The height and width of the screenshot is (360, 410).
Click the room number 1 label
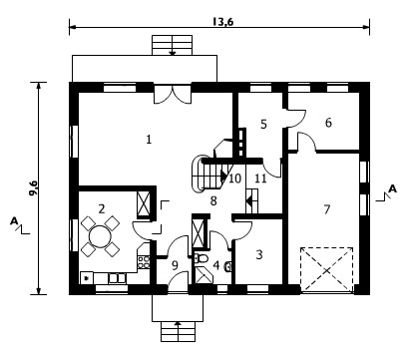tap(149, 139)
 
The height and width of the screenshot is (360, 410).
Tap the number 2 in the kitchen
tap(102, 208)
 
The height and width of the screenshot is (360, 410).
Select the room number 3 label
tap(259, 254)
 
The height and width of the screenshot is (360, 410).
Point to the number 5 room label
tap(263, 124)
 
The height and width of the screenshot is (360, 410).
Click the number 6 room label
tap(328, 123)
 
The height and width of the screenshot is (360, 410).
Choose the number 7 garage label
tap(327, 209)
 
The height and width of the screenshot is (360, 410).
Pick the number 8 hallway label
tap(213, 200)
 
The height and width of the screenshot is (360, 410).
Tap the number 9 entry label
tap(175, 265)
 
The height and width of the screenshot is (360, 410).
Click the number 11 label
tap(260, 179)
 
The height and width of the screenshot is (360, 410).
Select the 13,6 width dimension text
tap(223, 22)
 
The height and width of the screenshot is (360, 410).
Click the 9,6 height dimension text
tap(34, 188)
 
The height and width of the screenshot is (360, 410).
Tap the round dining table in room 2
tap(100, 236)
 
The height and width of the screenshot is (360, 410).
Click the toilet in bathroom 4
tap(201, 258)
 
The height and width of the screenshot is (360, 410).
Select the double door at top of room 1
tap(172, 95)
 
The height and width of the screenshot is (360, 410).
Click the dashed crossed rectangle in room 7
tap(326, 270)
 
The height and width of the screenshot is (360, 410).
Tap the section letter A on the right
tap(393, 189)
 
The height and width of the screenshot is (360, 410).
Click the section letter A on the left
tap(14, 220)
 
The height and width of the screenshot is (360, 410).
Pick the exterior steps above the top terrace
tap(173, 45)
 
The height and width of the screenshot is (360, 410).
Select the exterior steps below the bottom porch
tap(179, 331)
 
